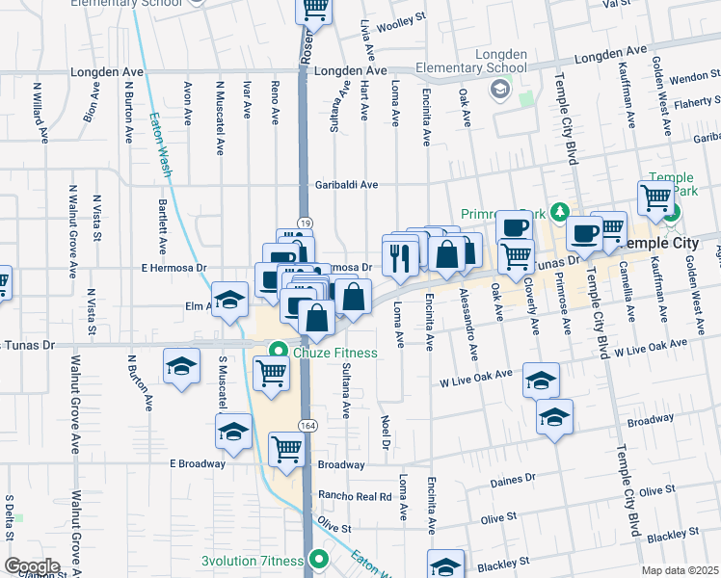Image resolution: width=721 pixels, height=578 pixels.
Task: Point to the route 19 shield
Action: coord(303,222)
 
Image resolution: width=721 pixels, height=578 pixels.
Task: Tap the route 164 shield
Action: coord(307,425)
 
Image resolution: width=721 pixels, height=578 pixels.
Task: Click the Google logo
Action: coord(32,566)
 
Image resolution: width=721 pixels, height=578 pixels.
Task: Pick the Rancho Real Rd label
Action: coord(357,497)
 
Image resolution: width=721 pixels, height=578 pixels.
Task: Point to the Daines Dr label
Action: coord(512,479)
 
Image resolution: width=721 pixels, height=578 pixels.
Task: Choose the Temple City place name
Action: coord(661,244)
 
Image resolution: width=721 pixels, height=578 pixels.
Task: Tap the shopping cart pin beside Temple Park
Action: coord(655,198)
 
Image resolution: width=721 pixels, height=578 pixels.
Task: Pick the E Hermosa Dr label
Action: coord(174,268)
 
